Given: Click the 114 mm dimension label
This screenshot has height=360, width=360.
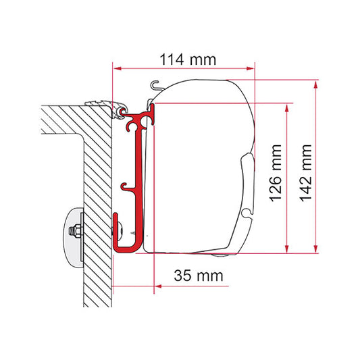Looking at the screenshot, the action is pos(188,59).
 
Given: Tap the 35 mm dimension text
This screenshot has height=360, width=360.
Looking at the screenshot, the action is pos(199,276).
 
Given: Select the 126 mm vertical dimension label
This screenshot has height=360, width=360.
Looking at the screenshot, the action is pos(276,174).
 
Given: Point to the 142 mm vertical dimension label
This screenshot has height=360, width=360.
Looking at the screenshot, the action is pos(306,174).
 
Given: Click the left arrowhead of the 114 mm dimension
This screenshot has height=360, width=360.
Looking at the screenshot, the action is pos(118,68).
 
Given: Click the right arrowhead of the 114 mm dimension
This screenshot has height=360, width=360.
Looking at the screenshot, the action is pos(251,68).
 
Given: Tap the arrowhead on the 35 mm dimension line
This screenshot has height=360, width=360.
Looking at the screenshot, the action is pos(159,286).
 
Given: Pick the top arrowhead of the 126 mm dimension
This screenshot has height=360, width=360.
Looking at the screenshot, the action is pos(286,108).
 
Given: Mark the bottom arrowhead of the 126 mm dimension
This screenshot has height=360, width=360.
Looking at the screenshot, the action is pos(286,249).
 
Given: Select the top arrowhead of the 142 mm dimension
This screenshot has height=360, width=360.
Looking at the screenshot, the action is pos(315,84).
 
